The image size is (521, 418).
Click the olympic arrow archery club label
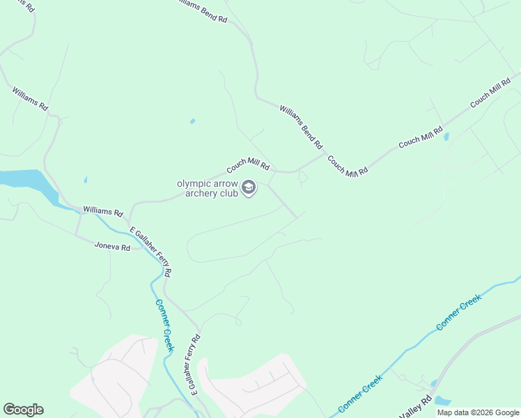pos(207,188)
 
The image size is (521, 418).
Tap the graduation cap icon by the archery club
pos(249,187)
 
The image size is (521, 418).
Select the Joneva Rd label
pos(113,247)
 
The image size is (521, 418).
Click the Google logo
pos(23,410)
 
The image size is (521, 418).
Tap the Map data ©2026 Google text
pos(478,412)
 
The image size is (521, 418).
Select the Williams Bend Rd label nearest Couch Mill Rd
pos(302,126)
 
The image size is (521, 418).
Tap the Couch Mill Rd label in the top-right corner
pos(491,93)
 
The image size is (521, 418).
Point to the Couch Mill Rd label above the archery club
pos(247,166)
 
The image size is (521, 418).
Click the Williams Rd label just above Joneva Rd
pos(103,210)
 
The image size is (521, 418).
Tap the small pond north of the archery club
pos(192,121)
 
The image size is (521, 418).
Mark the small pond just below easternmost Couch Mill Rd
pos(446,137)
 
